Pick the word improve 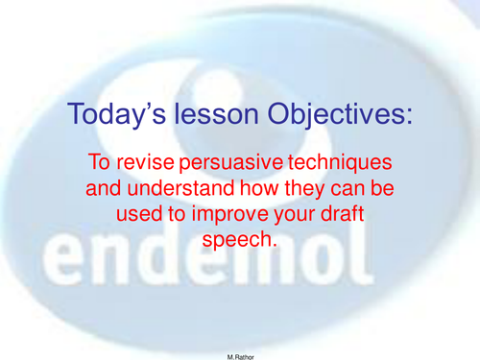tap(239, 216)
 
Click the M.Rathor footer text tap(240, 352)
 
